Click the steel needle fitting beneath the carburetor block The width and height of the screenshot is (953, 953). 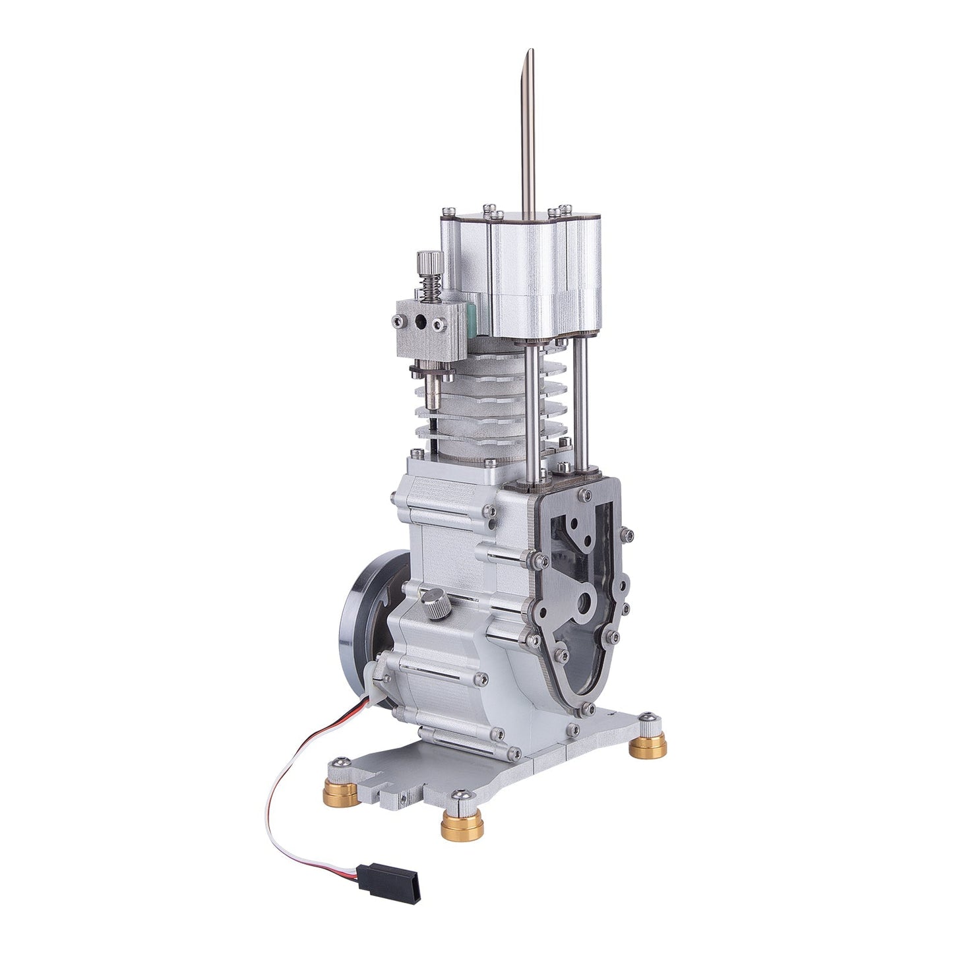(435, 389)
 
